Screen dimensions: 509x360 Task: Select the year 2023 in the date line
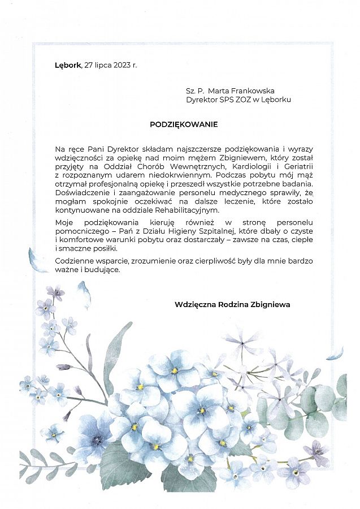[x=122, y=65]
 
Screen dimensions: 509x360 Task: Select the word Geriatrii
[x=297, y=166]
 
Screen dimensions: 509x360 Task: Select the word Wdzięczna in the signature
[x=194, y=304]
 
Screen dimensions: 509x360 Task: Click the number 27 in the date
[x=88, y=65]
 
